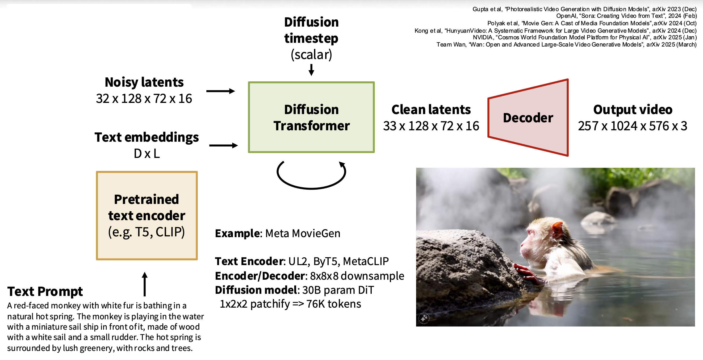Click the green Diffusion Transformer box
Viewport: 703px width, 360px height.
point(311,117)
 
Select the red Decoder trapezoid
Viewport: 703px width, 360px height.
point(528,118)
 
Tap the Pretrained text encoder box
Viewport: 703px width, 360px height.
point(147,215)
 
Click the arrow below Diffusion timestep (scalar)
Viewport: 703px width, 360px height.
point(311,70)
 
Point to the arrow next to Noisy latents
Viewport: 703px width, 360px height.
point(220,91)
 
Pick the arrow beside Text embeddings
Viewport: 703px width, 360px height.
point(223,145)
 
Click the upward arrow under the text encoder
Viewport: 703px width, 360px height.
point(145,284)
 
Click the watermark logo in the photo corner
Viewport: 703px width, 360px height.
point(424,318)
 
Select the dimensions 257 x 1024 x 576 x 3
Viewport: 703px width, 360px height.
point(632,126)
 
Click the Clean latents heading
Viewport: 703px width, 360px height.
point(431,110)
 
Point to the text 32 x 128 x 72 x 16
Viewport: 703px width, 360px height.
point(144,99)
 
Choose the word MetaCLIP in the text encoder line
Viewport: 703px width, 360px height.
point(366,261)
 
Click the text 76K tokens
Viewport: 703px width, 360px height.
point(333,304)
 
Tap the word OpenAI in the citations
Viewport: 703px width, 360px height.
point(566,16)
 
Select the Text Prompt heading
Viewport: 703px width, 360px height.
point(45,291)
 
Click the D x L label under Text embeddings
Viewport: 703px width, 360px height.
point(147,154)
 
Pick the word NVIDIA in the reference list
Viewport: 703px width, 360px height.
point(483,37)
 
